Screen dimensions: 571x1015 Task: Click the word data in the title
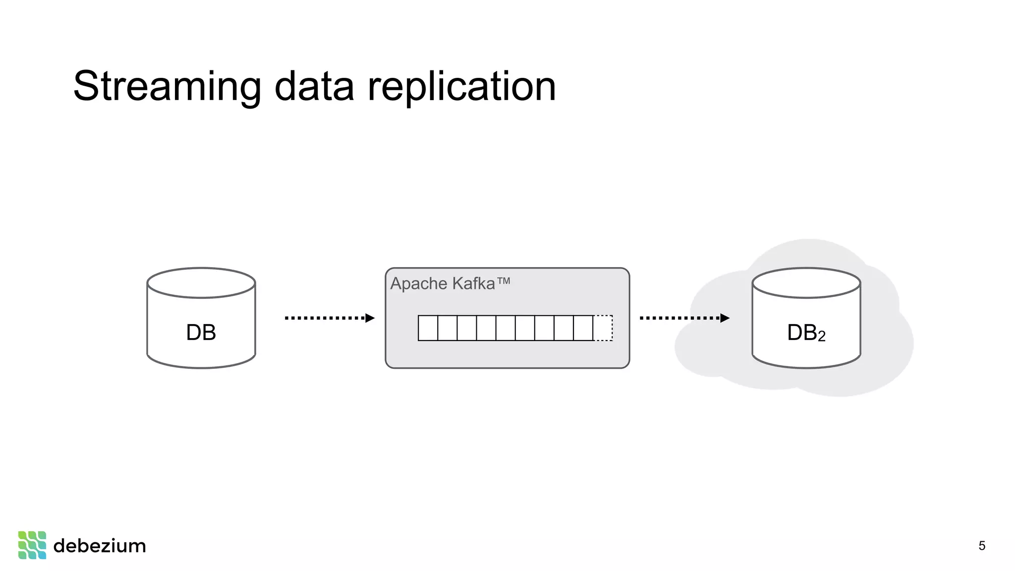coord(314,87)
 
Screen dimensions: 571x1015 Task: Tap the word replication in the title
coord(461,87)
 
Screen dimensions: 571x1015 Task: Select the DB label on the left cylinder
coord(201,333)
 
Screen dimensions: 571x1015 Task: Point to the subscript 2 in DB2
coord(821,337)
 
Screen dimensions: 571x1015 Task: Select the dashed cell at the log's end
coord(603,328)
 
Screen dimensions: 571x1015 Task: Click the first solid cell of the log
coord(428,328)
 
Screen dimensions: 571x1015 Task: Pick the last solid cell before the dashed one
coord(583,328)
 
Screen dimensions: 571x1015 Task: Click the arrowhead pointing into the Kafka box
coord(370,318)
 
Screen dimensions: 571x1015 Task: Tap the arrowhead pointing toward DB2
coord(725,318)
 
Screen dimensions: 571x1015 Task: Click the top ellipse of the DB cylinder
coord(201,283)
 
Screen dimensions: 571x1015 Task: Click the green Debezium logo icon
coord(32,545)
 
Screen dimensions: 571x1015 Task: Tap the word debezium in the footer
coord(100,546)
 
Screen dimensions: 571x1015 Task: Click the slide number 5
coord(982,546)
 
